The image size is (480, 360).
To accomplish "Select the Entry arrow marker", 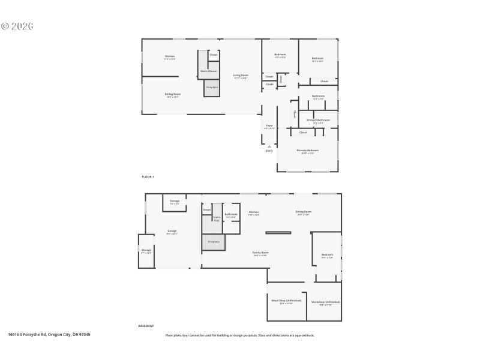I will pyautogui.click(x=269, y=146).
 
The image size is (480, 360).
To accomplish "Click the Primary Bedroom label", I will pyautogui.click(x=307, y=151).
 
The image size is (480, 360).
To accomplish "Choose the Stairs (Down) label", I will pyautogui.click(x=208, y=71).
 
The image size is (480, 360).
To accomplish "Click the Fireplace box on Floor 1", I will pyautogui.click(x=212, y=88).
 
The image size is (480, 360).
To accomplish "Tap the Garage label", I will pyautogui.click(x=172, y=232).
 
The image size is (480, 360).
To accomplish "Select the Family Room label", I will pyautogui.click(x=260, y=254).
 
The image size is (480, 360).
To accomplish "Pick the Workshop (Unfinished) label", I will pyautogui.click(x=325, y=302).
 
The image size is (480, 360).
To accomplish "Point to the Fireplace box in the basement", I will pyautogui.click(x=214, y=242).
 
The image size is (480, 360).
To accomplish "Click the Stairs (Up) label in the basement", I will pyautogui.click(x=217, y=218).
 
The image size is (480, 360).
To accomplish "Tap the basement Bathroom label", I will pyautogui.click(x=231, y=215).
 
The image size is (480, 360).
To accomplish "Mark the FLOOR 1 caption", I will pyautogui.click(x=148, y=177).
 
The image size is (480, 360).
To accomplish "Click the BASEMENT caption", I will pyautogui.click(x=146, y=326).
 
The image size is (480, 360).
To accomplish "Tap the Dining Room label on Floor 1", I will pyautogui.click(x=173, y=95).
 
